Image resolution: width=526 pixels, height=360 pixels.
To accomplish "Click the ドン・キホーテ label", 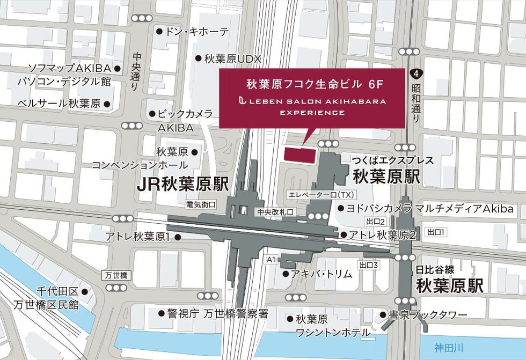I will [198, 32].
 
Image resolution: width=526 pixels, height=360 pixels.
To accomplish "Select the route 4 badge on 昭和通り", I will [415, 73].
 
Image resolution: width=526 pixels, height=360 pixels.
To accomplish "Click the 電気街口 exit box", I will [201, 204].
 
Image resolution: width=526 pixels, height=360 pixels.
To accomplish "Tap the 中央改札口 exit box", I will [275, 212].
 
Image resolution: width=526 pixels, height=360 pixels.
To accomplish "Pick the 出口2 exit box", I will [376, 222].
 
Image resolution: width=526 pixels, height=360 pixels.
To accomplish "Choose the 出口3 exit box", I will [369, 265].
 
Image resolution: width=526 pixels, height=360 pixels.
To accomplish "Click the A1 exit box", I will [271, 260].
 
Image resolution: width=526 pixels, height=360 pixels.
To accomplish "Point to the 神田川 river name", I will [445, 346].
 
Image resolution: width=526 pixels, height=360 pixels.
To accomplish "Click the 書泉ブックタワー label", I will [421, 315].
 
